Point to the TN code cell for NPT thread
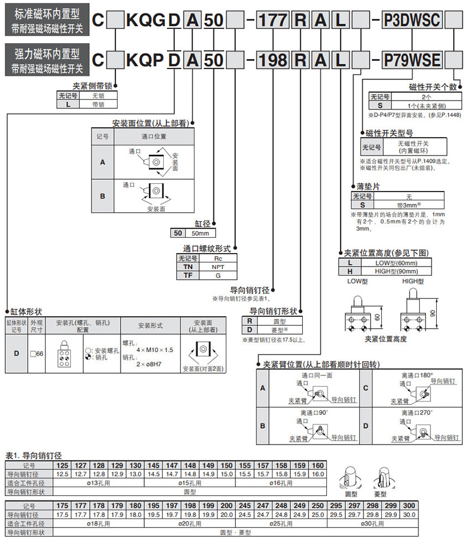pyautogui.click(x=188, y=267)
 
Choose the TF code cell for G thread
pyautogui.click(x=188, y=275)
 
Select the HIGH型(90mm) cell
pyautogui.click(x=396, y=271)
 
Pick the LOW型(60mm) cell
pyautogui.click(x=396, y=262)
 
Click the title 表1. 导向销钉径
pyautogui.click(x=34, y=455)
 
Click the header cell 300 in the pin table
pyautogui.click(x=408, y=507)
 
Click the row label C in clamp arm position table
pyautogui.click(x=365, y=388)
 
